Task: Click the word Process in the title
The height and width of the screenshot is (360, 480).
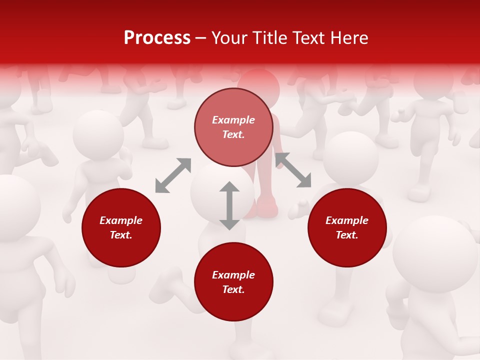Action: [x=157, y=38]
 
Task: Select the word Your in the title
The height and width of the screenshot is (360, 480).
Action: [x=231, y=38]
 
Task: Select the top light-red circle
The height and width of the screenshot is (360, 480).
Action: [x=233, y=127]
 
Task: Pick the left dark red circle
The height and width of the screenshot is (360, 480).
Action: [x=121, y=227]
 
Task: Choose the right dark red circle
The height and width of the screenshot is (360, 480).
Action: [x=347, y=227]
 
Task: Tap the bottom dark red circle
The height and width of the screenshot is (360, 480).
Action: [x=233, y=281]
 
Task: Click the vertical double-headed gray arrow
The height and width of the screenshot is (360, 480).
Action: [x=229, y=205]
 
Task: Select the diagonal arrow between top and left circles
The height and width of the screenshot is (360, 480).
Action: [x=173, y=175]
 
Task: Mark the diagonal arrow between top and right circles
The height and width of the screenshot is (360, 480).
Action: [x=293, y=170]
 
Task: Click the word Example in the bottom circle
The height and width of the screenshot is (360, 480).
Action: [x=233, y=275]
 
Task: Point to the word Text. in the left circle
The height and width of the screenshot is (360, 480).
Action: [x=121, y=235]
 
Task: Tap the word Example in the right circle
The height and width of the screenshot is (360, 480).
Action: [x=347, y=220]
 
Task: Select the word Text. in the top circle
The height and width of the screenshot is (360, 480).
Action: [x=233, y=134]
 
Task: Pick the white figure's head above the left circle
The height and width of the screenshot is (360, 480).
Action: [x=98, y=135]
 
